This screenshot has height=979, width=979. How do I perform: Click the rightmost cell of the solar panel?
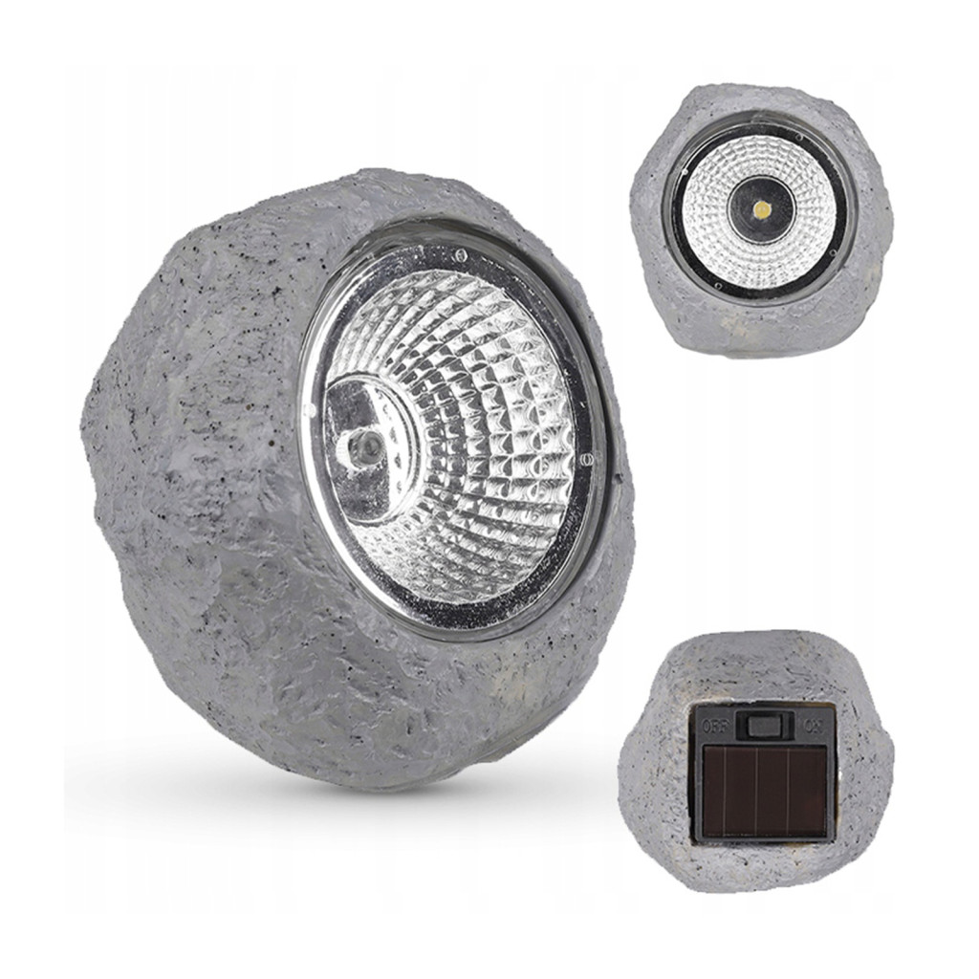coord(806,793)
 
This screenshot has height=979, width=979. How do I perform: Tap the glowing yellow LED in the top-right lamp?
coord(761,209)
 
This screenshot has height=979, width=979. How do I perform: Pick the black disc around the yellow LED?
coord(761,209)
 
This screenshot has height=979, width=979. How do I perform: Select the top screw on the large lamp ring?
coord(460,254)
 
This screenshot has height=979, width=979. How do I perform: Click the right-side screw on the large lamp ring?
coord(584,461)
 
